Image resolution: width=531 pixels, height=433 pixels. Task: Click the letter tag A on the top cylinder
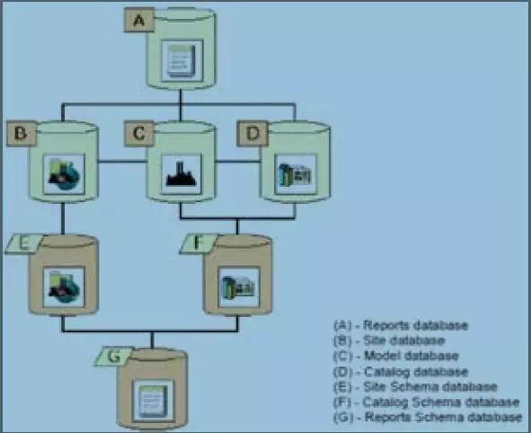[x=139, y=21]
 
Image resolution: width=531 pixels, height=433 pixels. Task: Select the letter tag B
[x=22, y=133]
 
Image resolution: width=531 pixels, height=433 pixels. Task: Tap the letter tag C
[x=139, y=133]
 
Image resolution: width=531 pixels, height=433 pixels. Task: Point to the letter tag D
[x=252, y=133]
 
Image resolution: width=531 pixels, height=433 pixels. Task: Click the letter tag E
[x=23, y=243]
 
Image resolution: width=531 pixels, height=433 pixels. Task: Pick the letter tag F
[x=199, y=243]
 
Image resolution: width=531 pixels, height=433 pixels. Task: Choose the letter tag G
[x=114, y=356]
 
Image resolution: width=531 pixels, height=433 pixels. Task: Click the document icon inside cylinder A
[x=182, y=61]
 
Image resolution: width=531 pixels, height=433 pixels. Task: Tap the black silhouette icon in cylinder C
[x=181, y=174]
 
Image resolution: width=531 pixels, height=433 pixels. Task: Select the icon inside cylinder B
[x=64, y=174]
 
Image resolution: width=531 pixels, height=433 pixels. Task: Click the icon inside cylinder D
[x=296, y=174]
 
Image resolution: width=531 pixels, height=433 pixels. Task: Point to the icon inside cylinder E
[x=64, y=287]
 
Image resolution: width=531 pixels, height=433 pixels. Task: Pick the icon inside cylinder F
[x=239, y=287]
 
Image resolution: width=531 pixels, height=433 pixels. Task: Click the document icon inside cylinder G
[x=154, y=401]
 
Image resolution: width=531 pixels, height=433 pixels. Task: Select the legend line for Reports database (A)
[x=401, y=325]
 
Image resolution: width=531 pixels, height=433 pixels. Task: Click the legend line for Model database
[x=396, y=356]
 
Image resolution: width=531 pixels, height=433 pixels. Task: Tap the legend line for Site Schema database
[x=415, y=386]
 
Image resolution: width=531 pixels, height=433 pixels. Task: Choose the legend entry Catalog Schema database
[x=427, y=402]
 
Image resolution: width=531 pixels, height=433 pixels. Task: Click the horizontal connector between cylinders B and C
[x=122, y=161]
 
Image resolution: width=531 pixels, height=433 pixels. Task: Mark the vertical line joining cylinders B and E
[x=63, y=218]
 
